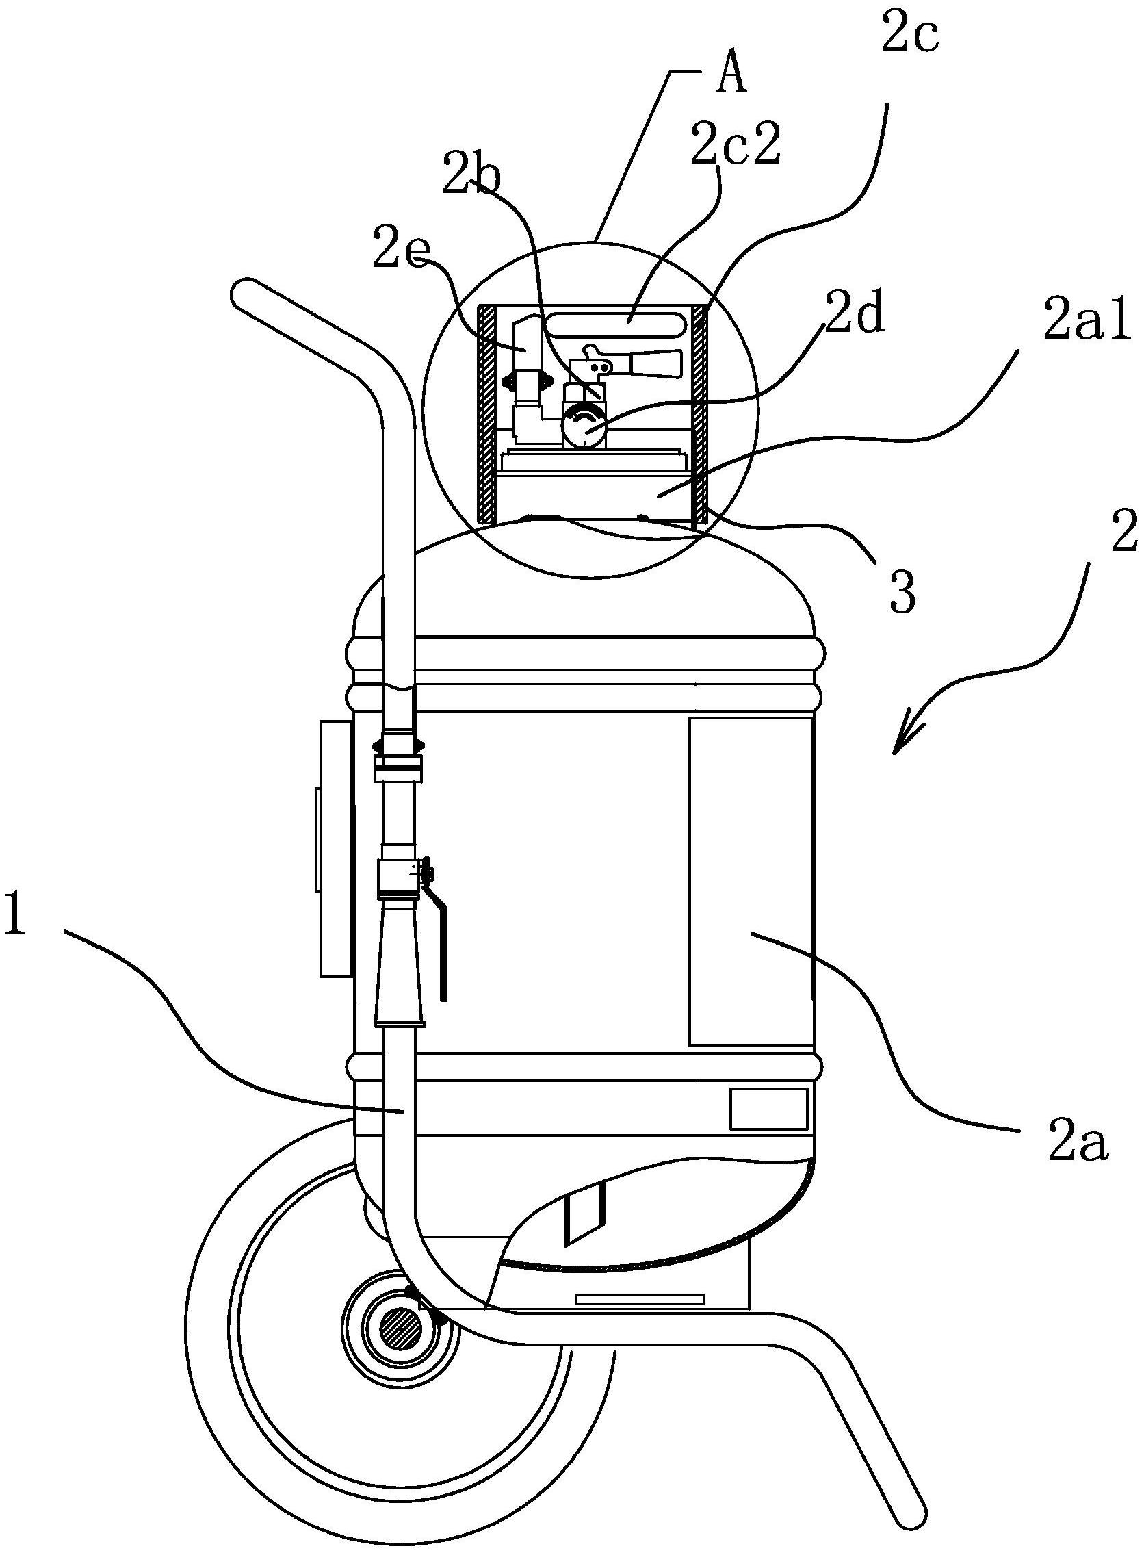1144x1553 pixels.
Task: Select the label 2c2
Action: pyautogui.click(x=736, y=145)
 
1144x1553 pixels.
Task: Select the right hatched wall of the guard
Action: pyautogui.click(x=700, y=413)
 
